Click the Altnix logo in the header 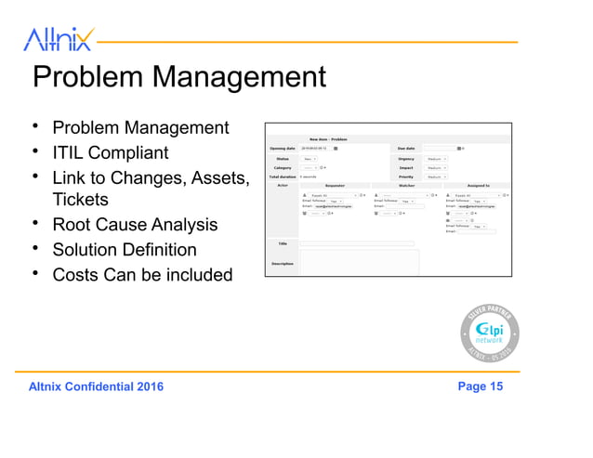coord(58,38)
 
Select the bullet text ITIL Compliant coord(111,152)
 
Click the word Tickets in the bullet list coord(81,200)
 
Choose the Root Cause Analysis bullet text coord(135,225)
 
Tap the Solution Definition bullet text coord(125,250)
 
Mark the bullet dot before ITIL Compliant coord(35,151)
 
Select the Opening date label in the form coord(282,148)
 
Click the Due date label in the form coord(405,148)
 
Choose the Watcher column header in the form coord(406,185)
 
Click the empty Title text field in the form coord(357,243)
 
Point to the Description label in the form coord(282,263)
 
